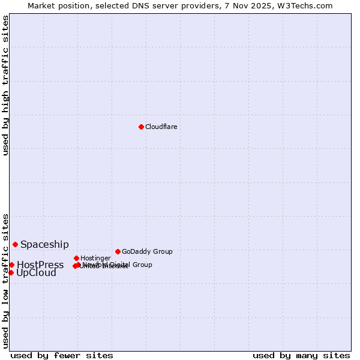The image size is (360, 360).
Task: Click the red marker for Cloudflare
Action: pyautogui.click(x=141, y=127)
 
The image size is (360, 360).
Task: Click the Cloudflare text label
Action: pyautogui.click(x=161, y=127)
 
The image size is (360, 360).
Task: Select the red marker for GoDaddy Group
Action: pyautogui.click(x=118, y=251)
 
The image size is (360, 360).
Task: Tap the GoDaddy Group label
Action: pyautogui.click(x=147, y=251)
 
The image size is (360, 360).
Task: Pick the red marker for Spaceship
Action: pyautogui.click(x=15, y=244)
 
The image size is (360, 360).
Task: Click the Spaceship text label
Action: pyautogui.click(x=44, y=244)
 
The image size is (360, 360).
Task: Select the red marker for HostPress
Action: pyautogui.click(x=11, y=265)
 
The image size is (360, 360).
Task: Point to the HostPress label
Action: pyautogui.click(x=40, y=265)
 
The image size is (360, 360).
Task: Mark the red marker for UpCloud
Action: pyautogui.click(x=11, y=272)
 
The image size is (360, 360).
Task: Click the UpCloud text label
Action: pyautogui.click(x=36, y=273)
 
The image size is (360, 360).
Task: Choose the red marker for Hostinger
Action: pyautogui.click(x=76, y=258)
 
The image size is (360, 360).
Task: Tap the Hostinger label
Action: pyautogui.click(x=95, y=258)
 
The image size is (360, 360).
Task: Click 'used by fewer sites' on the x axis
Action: pyautogui.click(x=62, y=355)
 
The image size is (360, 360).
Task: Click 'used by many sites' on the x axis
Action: pyautogui.click(x=301, y=355)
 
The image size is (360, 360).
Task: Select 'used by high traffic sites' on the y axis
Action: pyautogui.click(x=5, y=85)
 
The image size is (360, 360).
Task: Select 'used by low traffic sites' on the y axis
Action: pyautogui.click(x=5, y=281)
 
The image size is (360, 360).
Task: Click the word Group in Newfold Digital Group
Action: pyautogui.click(x=142, y=265)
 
